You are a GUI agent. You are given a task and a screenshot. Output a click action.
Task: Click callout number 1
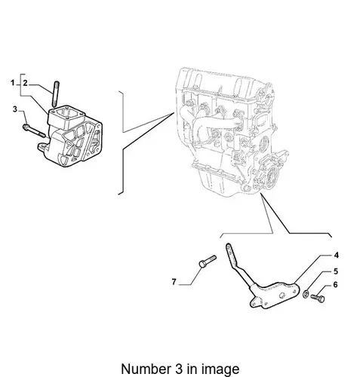(13, 82)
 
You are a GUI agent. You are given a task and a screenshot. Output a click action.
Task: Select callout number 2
(25, 83)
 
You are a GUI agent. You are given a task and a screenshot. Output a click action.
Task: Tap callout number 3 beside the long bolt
(15, 109)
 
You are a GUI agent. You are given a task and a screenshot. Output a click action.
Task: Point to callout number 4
(336, 255)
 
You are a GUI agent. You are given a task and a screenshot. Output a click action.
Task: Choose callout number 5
(336, 271)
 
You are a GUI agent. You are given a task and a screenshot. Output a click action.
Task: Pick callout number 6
(335, 285)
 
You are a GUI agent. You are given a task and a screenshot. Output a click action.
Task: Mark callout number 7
(174, 282)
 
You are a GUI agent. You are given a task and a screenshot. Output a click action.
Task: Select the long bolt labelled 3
(34, 130)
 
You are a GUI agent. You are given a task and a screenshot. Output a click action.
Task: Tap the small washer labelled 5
(306, 293)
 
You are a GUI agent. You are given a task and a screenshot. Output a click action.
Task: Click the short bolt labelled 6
(318, 298)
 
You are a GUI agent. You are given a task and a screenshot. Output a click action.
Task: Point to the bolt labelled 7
(208, 262)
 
